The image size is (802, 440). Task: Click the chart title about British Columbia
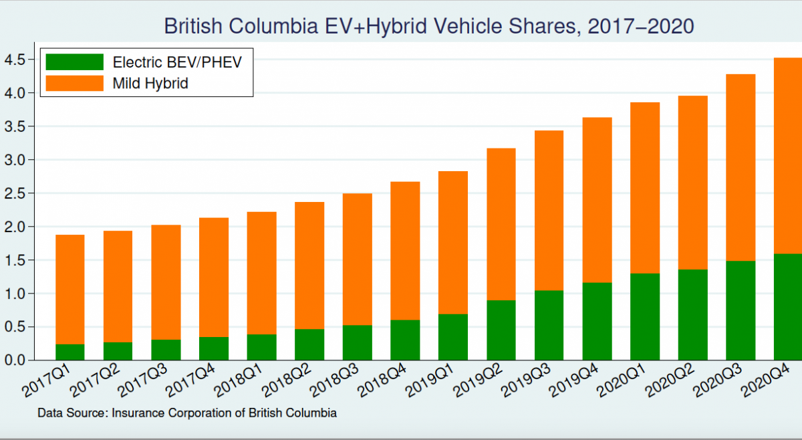[x=429, y=26]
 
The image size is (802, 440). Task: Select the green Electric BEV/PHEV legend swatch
[x=74, y=62]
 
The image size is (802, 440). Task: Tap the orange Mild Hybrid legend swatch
[x=74, y=83]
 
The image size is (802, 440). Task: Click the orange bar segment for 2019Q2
[x=501, y=224]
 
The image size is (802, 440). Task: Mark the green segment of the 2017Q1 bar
[x=70, y=352]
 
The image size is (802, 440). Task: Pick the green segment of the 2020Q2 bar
[x=693, y=315]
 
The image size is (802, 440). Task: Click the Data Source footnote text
[x=187, y=413]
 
